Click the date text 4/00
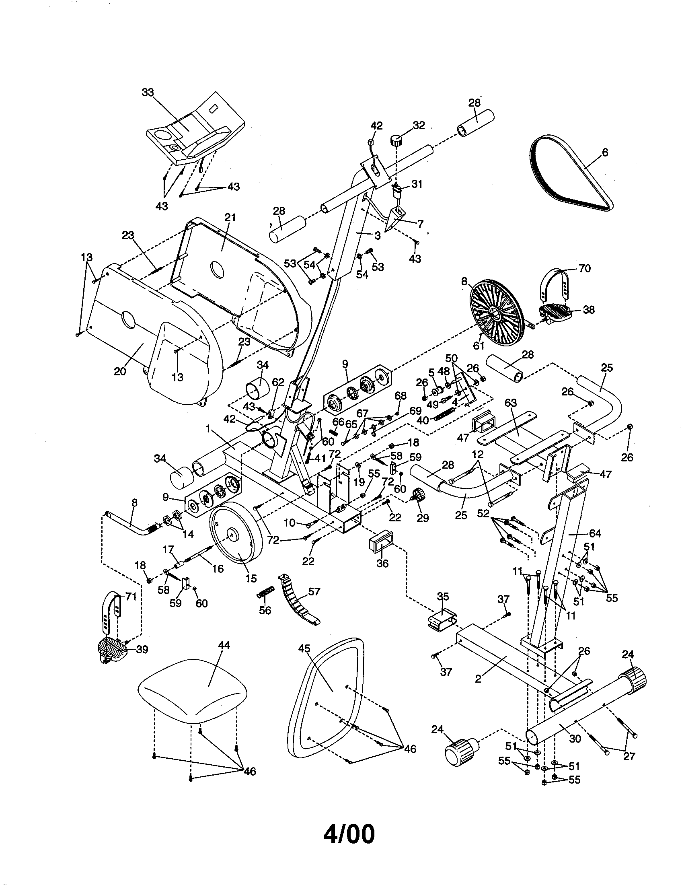click(x=349, y=834)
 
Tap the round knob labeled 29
click(x=417, y=496)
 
